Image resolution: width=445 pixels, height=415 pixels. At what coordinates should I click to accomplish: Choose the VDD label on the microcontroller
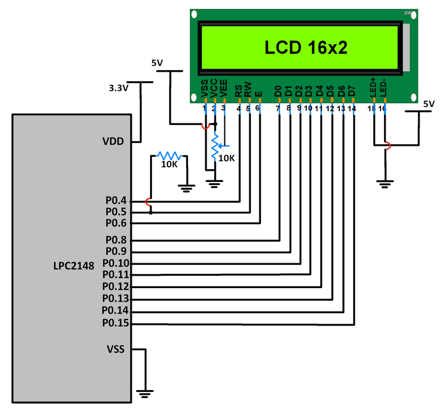(x=114, y=142)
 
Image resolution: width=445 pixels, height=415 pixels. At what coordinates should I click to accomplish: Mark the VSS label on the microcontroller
(x=115, y=349)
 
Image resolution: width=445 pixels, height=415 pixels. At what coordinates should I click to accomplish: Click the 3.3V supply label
(x=119, y=88)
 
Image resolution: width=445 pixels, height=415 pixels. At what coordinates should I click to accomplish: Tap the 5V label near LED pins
(x=429, y=104)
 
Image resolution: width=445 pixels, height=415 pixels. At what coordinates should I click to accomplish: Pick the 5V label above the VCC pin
(x=157, y=63)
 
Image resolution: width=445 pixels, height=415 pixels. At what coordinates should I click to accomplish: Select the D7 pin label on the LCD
(x=352, y=91)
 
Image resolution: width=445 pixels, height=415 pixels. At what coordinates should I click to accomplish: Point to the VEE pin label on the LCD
(x=224, y=90)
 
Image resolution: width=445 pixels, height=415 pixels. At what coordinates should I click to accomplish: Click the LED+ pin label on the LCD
(x=373, y=88)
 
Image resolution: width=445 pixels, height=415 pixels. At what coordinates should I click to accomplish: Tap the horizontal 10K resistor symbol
(x=169, y=155)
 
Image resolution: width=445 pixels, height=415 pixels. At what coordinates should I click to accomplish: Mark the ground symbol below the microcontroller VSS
(x=144, y=392)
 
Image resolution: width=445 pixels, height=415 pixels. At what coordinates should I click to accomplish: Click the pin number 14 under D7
(x=352, y=108)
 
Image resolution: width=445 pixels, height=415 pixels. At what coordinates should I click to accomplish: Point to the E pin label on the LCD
(x=258, y=94)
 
